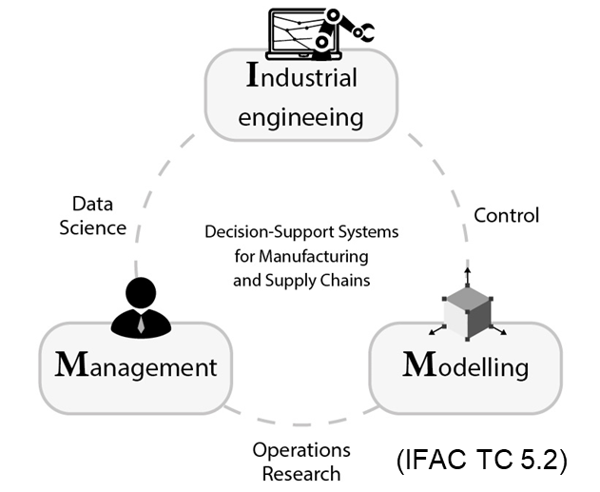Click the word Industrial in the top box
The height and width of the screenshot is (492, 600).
[301, 76]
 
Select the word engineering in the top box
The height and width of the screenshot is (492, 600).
[300, 118]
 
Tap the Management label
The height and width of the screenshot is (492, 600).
[137, 366]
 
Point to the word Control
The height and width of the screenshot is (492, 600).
[506, 215]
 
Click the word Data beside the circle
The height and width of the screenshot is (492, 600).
[92, 204]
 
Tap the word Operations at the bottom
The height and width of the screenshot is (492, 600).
[300, 449]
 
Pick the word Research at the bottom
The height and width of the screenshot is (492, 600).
[300, 472]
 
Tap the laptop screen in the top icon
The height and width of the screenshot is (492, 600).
[302, 30]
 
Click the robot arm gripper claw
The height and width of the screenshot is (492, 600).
[362, 31]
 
